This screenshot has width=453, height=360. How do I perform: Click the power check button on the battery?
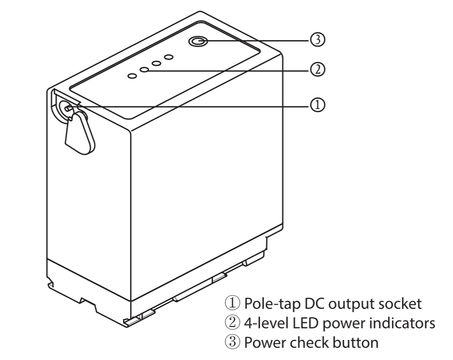pyautogui.click(x=198, y=41)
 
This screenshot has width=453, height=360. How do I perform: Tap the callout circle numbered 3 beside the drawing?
pyautogui.click(x=318, y=40)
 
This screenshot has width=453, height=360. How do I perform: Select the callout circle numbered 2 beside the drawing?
pyautogui.click(x=318, y=70)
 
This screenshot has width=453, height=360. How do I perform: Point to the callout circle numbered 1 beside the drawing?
pyautogui.click(x=318, y=105)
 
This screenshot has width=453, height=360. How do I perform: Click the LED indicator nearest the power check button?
pyautogui.click(x=168, y=57)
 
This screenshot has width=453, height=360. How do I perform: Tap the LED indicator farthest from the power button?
pyautogui.click(x=132, y=76)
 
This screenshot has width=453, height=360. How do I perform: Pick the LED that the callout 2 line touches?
pyautogui.click(x=144, y=70)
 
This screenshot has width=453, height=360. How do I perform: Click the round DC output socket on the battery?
pyautogui.click(x=65, y=109)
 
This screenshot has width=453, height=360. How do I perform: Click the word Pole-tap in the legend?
pyautogui.click(x=269, y=304)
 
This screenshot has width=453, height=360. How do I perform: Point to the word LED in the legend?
pyautogui.click(x=304, y=323)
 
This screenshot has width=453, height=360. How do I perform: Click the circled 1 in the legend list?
pyautogui.click(x=232, y=303)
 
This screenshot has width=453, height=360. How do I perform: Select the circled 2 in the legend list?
pyautogui.click(x=232, y=323)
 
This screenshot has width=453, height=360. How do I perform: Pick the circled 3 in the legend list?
pyautogui.click(x=232, y=342)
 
